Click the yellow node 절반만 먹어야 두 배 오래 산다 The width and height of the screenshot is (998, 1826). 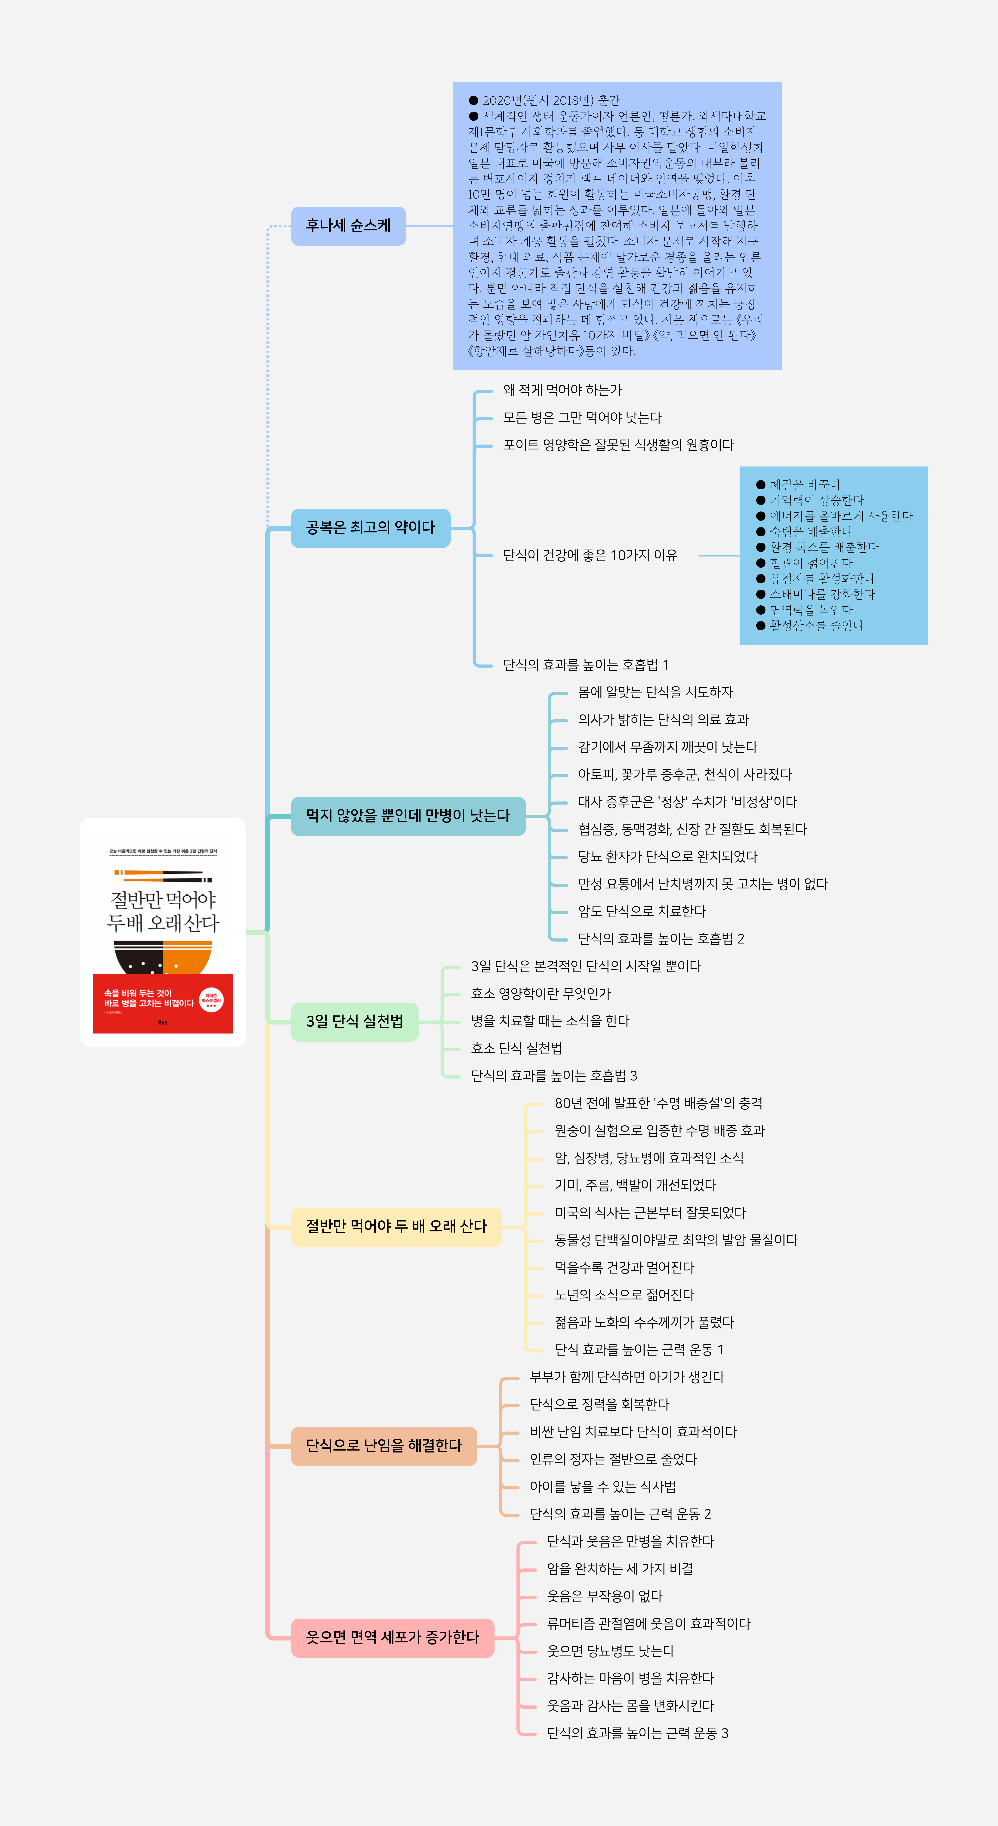tap(396, 1226)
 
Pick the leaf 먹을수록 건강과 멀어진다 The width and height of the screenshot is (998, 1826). tap(624, 1267)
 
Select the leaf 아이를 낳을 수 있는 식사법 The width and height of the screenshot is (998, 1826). tap(602, 1486)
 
